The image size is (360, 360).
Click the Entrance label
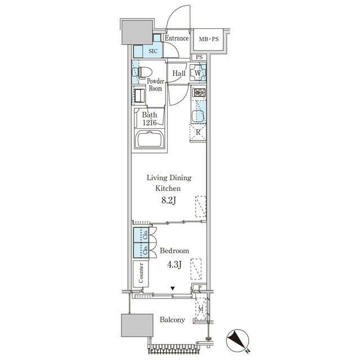[177, 38]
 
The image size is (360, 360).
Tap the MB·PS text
[209, 39]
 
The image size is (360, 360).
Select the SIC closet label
[153, 51]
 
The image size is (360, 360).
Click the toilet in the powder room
[142, 72]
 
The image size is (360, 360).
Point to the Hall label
[179, 74]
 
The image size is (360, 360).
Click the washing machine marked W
[197, 73]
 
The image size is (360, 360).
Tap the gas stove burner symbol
[199, 92]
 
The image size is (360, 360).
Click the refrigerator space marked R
[198, 133]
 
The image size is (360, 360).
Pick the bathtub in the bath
[150, 139]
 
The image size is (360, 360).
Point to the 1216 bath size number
[150, 123]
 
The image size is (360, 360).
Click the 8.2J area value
[169, 200]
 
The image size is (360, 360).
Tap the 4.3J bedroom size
[174, 265]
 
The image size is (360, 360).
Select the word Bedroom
[174, 250]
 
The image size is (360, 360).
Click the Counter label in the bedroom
[141, 273]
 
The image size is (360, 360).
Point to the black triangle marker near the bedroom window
[173, 288]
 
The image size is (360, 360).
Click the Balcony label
[173, 319]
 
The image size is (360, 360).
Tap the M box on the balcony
[201, 309]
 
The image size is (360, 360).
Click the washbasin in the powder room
[139, 96]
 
